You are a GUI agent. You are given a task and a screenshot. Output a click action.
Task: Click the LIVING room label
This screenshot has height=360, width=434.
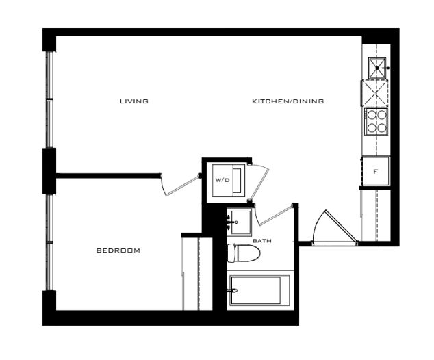(134, 101)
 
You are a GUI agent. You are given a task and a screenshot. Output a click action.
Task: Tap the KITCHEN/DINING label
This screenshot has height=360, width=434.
(288, 101)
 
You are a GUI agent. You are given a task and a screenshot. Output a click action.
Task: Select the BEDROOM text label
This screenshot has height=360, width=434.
(118, 250)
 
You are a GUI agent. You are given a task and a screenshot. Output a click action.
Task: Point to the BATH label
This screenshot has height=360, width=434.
(262, 241)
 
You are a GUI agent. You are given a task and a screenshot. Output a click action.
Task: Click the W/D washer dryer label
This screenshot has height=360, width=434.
(222, 180)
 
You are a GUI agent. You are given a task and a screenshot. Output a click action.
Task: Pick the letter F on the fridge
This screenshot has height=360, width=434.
(375, 172)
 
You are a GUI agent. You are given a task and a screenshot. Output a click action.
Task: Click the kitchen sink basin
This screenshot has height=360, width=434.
(377, 68)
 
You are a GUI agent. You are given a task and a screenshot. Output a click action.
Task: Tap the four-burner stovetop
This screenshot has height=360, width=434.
(376, 122)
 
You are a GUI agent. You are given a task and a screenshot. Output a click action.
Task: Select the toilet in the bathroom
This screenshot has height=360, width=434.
(244, 253)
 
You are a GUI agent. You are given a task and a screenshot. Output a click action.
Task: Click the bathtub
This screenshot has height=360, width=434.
(259, 290)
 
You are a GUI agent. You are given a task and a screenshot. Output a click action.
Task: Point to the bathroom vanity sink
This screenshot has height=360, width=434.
(241, 222)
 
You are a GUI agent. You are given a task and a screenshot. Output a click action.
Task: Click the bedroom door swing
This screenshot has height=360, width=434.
(180, 185)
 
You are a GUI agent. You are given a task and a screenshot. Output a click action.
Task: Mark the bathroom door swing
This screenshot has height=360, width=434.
(273, 215)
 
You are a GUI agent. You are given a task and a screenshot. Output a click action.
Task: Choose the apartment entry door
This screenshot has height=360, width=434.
(334, 228)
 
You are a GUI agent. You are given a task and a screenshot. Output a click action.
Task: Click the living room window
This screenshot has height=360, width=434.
(49, 99)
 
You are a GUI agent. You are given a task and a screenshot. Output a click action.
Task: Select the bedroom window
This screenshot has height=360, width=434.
(49, 242)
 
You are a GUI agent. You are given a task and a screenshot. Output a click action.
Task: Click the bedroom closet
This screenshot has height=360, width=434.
(197, 274)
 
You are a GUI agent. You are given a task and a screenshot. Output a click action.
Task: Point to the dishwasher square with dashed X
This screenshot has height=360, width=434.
(374, 93)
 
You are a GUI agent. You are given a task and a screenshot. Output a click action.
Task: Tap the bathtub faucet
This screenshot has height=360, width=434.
(232, 290)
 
